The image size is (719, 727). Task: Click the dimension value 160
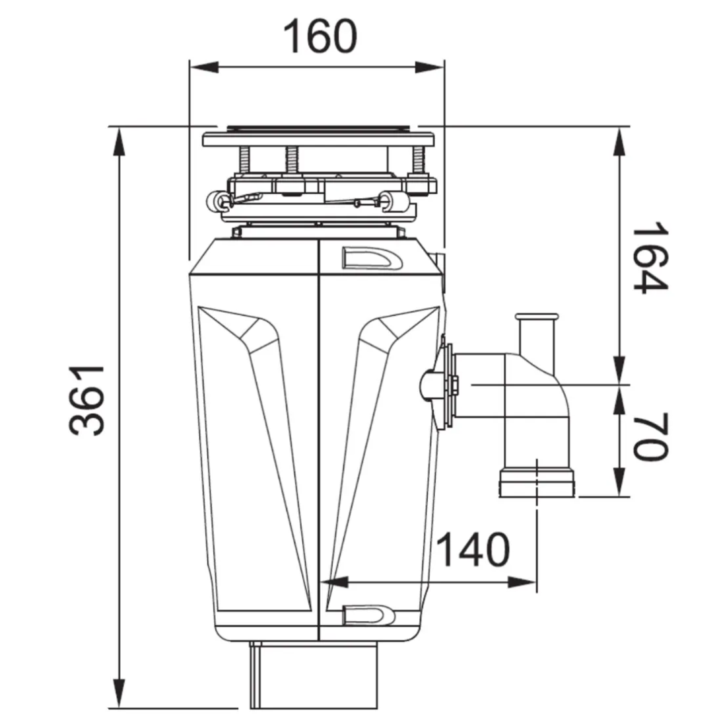pyautogui.click(x=320, y=37)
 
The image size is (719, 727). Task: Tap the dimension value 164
pyautogui.click(x=650, y=258)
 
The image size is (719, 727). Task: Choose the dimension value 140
pyautogui.click(x=474, y=550)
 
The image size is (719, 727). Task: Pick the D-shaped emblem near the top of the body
pyautogui.click(x=371, y=258)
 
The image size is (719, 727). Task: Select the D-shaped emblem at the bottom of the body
pyautogui.click(x=368, y=615)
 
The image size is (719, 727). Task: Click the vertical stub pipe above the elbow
pyautogui.click(x=537, y=338)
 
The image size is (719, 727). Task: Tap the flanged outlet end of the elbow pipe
pyautogui.click(x=537, y=482)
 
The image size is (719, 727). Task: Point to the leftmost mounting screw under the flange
pyautogui.click(x=244, y=161)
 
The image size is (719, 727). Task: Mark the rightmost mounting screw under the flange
pyautogui.click(x=418, y=161)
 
